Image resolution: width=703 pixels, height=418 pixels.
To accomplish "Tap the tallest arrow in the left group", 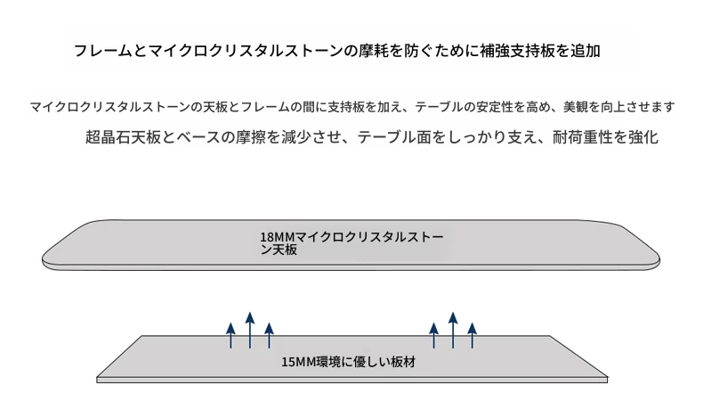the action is coord(250,330).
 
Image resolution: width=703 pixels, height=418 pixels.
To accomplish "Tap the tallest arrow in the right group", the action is coord(453,330).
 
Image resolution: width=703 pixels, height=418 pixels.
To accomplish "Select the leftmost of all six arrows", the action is coord(230,335).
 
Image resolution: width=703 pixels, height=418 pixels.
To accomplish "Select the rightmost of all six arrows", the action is coord(473,335).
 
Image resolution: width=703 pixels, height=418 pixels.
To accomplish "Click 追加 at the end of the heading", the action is coord(585,51).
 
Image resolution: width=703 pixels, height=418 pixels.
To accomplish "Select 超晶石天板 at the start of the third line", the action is coord(124,137).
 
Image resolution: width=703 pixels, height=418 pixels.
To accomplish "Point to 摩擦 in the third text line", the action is coord(251,137).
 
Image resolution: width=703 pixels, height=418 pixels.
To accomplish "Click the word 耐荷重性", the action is coord(582,137).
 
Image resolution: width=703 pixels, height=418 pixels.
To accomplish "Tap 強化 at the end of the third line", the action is coord(643,137).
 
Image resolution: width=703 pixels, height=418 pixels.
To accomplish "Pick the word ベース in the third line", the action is coord(198,137).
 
